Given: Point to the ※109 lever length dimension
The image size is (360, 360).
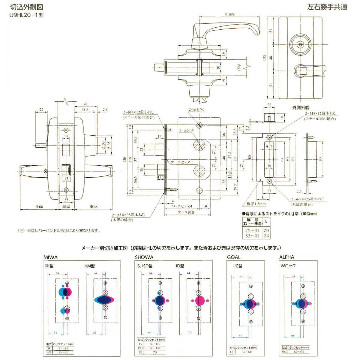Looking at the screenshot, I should coord(229,14).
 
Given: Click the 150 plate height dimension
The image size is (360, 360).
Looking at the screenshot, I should coord(265,57).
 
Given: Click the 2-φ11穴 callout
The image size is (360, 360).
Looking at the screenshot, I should coord(196,109).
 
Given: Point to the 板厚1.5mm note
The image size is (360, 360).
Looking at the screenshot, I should coord(254,204).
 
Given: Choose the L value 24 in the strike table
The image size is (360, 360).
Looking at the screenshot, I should coord(266,236).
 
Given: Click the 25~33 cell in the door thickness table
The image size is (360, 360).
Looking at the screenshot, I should coord(252,230).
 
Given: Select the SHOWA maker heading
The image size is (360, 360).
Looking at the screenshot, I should coord(144,257).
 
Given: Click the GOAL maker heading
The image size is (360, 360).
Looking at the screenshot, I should coord(233,257).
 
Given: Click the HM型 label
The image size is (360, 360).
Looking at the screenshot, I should coord(89,266).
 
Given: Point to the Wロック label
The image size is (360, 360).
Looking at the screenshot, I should coord(288,266).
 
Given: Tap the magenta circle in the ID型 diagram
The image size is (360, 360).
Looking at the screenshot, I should coord(198,300).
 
